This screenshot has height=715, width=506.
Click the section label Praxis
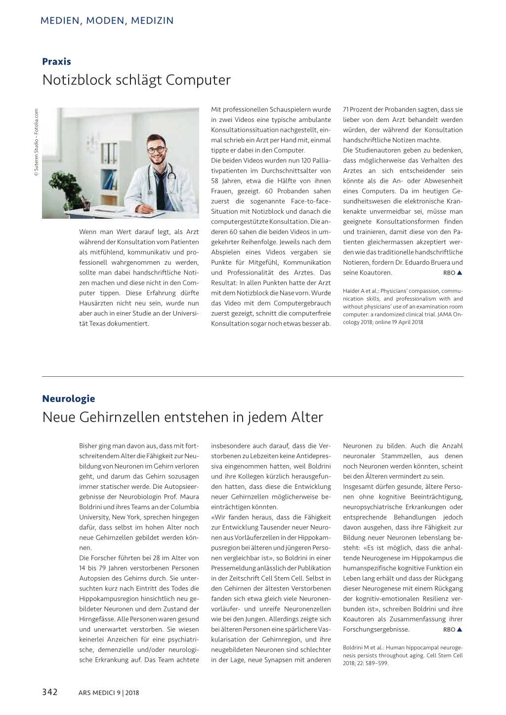click(56, 62)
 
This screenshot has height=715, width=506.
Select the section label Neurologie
click(68, 398)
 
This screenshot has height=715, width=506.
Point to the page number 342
click(49, 692)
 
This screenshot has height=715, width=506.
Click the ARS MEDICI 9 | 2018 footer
click(108, 693)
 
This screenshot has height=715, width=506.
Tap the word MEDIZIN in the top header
click(152, 21)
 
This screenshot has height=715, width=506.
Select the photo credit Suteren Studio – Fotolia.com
click(36, 142)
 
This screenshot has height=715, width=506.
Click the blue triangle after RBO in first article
click(460, 273)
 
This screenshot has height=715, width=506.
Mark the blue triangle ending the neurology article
click(460, 630)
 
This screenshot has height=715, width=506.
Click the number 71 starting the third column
click(346, 110)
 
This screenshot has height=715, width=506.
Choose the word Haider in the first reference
click(352, 291)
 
